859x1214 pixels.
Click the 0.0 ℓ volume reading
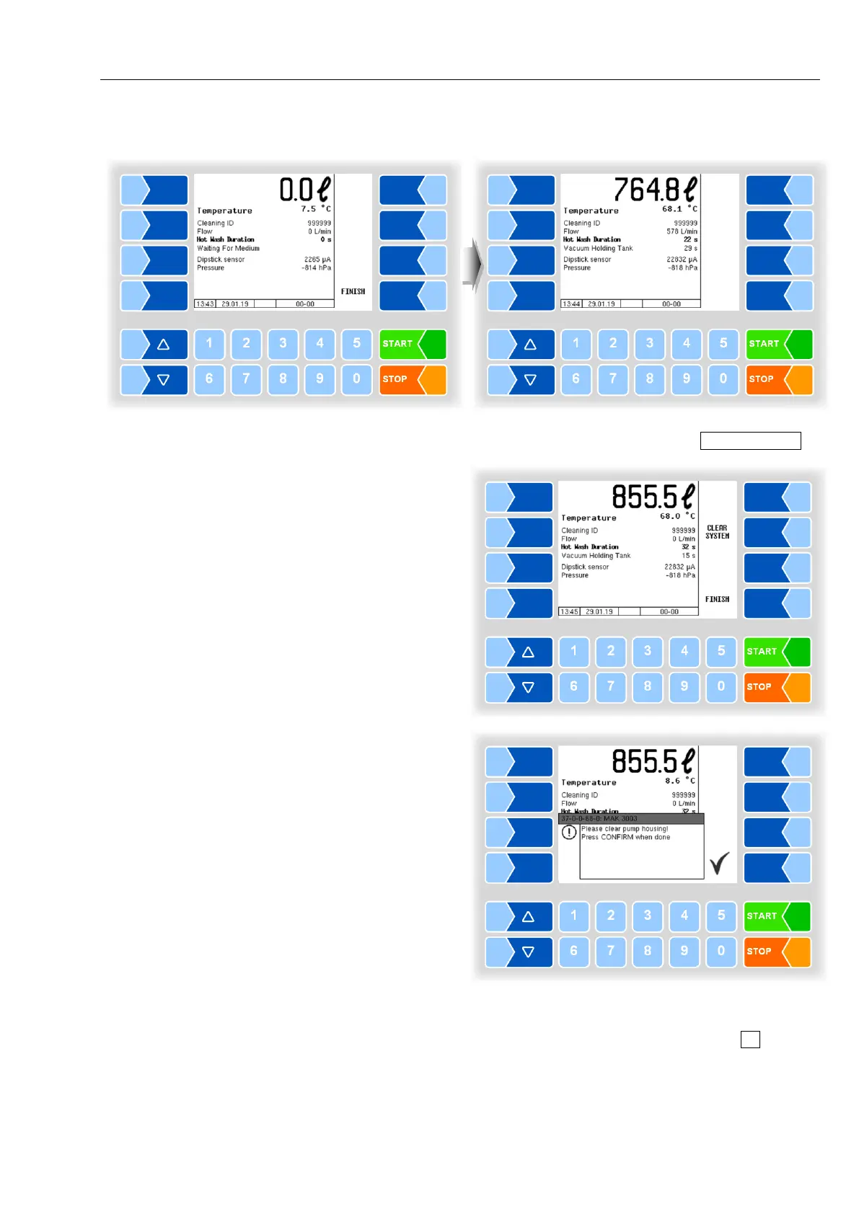(x=304, y=190)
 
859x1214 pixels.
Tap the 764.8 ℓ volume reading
(x=655, y=190)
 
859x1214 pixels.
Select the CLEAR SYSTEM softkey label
(x=717, y=532)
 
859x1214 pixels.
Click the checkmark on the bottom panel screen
(x=719, y=863)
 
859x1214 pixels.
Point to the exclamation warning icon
(x=569, y=833)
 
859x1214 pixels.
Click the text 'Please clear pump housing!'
(x=625, y=829)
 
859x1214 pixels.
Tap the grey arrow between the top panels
(x=472, y=265)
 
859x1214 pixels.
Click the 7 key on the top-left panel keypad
(x=246, y=378)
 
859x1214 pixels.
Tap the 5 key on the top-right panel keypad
(x=723, y=343)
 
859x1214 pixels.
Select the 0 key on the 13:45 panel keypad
(x=721, y=686)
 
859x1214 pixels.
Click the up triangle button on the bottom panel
(x=527, y=916)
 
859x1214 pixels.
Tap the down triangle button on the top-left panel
(x=163, y=379)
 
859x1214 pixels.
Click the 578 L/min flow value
(x=682, y=231)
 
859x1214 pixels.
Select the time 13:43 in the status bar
(x=205, y=304)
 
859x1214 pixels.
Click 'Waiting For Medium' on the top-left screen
(x=228, y=249)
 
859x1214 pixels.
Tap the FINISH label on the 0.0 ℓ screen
(x=353, y=291)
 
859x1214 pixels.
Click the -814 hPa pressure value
(x=317, y=268)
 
